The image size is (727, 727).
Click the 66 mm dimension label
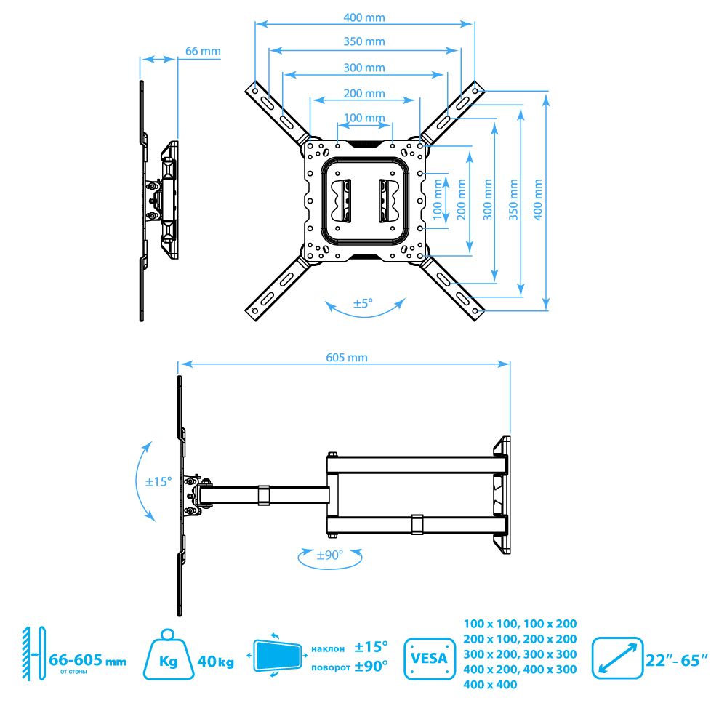click(x=203, y=51)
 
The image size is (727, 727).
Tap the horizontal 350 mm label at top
click(x=364, y=41)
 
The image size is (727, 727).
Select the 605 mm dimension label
click(x=346, y=358)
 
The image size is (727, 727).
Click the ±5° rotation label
click(x=363, y=303)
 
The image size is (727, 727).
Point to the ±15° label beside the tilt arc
click(x=158, y=482)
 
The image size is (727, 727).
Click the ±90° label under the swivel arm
click(x=329, y=555)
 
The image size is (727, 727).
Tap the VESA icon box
click(x=430, y=659)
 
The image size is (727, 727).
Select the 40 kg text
click(x=216, y=662)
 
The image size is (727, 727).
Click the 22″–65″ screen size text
click(x=676, y=660)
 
